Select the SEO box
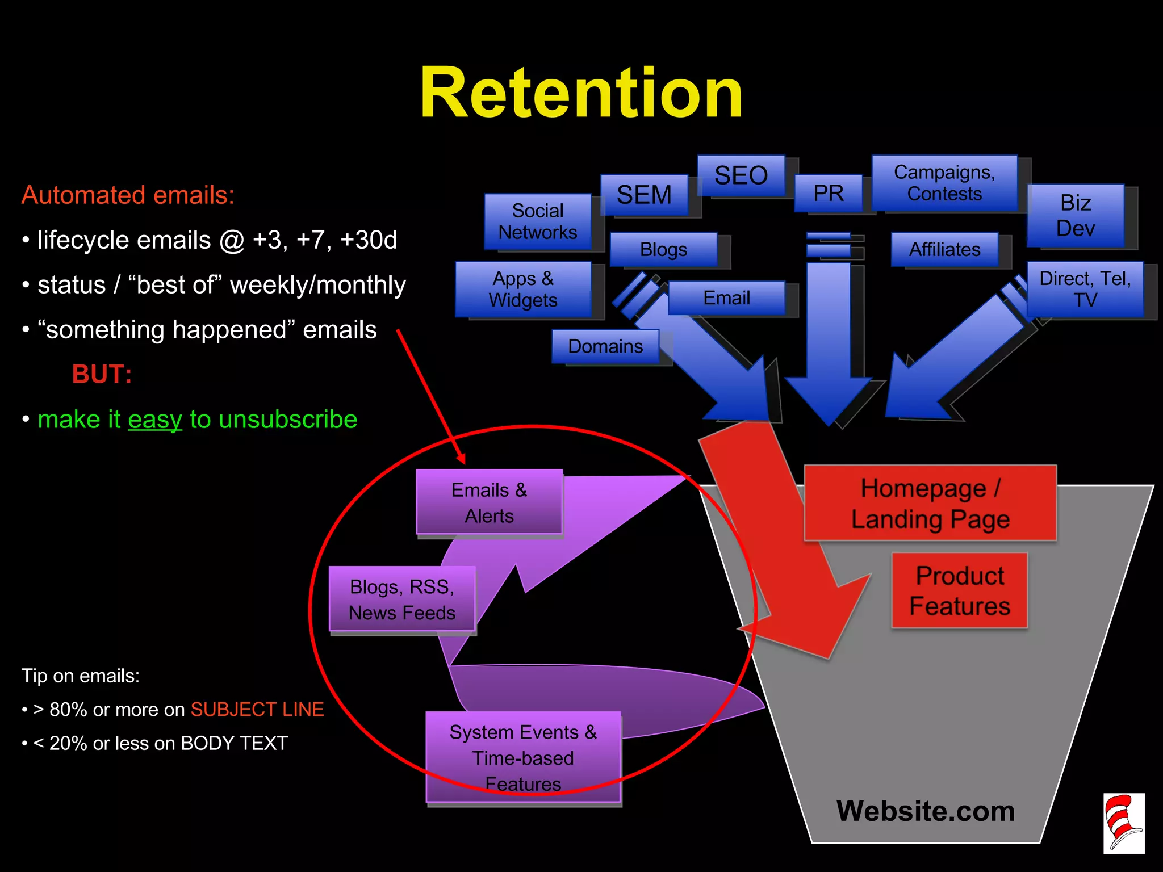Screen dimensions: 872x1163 [x=741, y=175]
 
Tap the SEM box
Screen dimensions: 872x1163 [x=644, y=195]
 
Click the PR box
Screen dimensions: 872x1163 [x=828, y=194]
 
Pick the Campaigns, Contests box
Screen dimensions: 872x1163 [x=944, y=183]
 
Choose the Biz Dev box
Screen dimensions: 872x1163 [x=1076, y=215]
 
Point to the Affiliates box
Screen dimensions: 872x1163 [x=944, y=249]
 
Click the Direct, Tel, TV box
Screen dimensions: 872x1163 [x=1085, y=289]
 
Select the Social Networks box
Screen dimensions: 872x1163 [x=537, y=221]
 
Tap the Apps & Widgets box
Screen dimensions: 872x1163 [x=523, y=289]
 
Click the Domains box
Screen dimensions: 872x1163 [x=605, y=346]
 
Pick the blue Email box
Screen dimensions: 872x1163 [x=726, y=297]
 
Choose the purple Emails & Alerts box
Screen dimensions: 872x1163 [x=489, y=502]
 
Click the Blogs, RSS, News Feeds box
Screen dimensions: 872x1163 [x=401, y=599]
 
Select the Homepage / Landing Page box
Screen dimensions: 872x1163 [x=930, y=503]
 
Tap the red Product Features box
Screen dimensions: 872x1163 [x=959, y=590]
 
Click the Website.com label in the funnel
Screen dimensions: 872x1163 [x=925, y=811]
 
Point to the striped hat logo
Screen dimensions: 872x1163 [x=1123, y=823]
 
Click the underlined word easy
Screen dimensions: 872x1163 [x=155, y=420]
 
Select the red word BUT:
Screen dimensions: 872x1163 [x=102, y=374]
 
